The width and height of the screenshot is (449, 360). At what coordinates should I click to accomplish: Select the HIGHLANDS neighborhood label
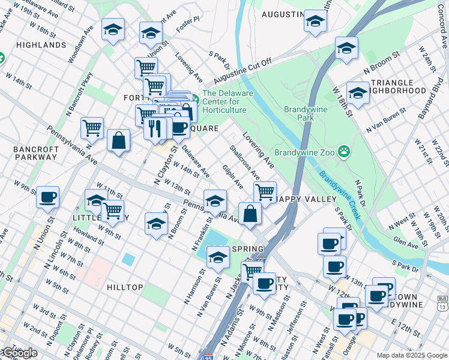(41, 45)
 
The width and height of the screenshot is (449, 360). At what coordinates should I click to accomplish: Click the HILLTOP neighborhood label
(125, 287)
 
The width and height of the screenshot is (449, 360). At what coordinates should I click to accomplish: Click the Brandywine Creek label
(340, 195)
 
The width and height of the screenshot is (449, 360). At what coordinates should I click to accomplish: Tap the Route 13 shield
(443, 304)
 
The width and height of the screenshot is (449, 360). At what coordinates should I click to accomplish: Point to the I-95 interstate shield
(208, 356)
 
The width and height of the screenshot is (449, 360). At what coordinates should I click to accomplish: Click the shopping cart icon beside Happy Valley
(264, 192)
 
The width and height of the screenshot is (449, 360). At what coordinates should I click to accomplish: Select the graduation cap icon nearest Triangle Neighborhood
(358, 93)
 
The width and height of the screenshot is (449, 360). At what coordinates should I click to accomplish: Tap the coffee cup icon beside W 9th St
(47, 196)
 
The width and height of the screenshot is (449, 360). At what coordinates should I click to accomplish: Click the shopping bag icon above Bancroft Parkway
(119, 140)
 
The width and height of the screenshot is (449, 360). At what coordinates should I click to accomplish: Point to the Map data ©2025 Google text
(411, 355)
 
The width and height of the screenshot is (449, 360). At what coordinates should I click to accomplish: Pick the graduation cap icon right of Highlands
(112, 30)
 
